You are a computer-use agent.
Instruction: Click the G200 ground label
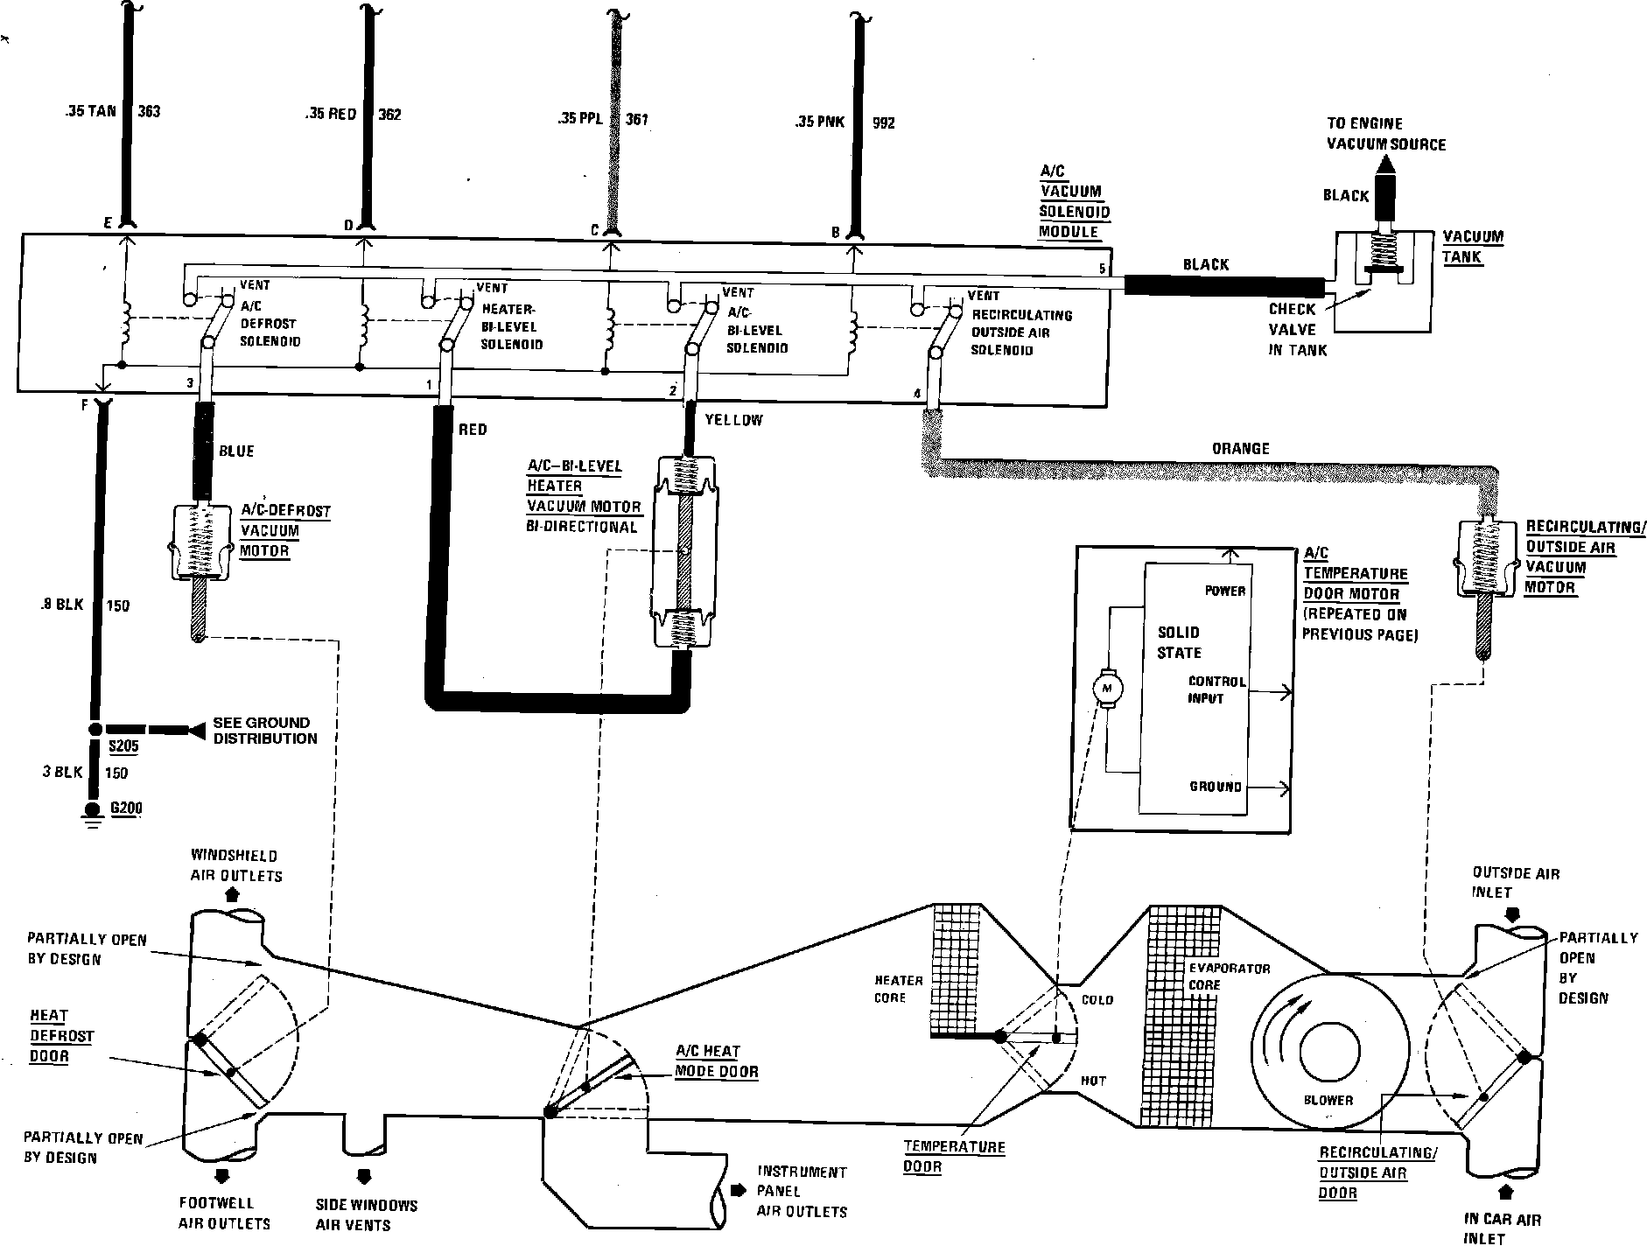(x=126, y=807)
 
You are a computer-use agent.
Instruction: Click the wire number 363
(x=149, y=112)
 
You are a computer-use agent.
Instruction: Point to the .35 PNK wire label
(x=820, y=122)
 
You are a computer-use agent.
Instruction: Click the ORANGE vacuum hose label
(x=1240, y=449)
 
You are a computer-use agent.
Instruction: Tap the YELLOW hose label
(x=733, y=420)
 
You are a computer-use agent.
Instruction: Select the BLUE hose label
(x=236, y=451)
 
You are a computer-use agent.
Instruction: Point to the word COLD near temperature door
(x=1097, y=999)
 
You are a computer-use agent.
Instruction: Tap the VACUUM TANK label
(x=1473, y=246)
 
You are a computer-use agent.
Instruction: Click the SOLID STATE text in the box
(x=1179, y=642)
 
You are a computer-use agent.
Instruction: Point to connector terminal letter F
(x=84, y=404)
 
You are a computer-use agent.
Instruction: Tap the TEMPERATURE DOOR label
(x=954, y=1156)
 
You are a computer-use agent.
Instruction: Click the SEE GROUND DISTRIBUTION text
(x=264, y=731)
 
